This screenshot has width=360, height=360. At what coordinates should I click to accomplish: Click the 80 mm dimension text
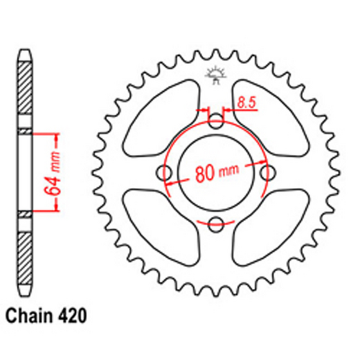[217, 174]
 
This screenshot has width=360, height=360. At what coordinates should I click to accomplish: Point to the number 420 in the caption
[75, 315]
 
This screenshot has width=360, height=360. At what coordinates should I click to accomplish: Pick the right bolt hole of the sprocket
[269, 173]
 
